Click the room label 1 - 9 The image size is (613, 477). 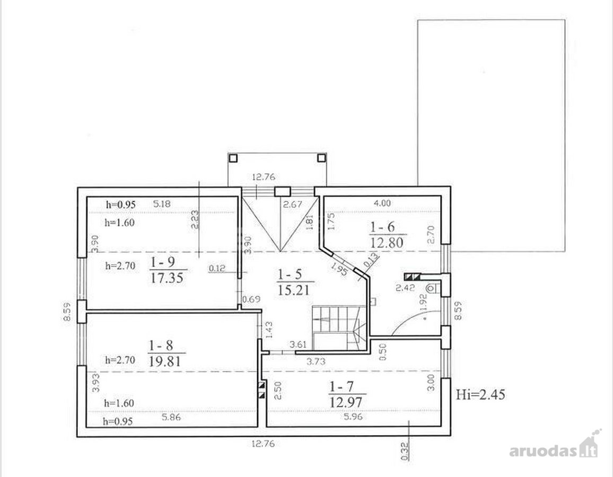point(163,262)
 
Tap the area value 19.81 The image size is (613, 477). point(164,361)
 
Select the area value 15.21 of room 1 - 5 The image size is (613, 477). point(294,290)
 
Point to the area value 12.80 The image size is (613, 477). point(387,243)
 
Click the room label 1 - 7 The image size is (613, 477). point(341,387)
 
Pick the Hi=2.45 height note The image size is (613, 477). point(480,394)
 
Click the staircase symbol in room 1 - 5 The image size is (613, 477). point(339,328)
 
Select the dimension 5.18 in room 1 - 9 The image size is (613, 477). point(162,204)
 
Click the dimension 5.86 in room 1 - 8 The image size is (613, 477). point(171,417)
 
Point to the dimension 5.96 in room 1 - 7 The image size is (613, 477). point(353,417)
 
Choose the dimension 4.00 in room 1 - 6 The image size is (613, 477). point(382,203)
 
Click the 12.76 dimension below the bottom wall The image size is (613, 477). point(263,444)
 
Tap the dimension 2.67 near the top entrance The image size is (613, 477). point(292,204)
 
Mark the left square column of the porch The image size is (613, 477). point(233,158)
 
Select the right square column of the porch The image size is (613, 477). point(321,158)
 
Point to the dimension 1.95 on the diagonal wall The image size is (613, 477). point(339,269)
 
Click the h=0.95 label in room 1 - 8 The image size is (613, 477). point(118,421)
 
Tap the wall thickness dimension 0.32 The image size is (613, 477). point(405,449)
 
